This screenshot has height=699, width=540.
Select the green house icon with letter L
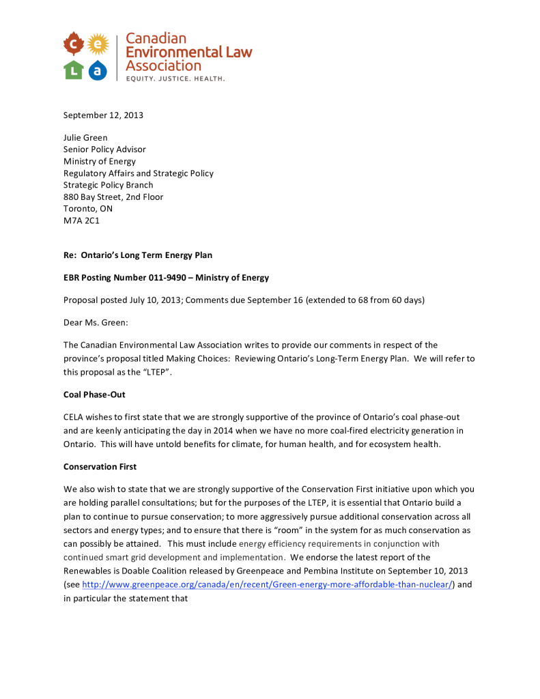(74, 69)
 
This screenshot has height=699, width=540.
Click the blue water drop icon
(99, 70)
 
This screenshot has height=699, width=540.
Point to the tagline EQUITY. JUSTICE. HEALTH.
(175, 79)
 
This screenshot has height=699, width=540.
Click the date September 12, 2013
(103, 115)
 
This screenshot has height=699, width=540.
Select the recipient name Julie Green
(85, 137)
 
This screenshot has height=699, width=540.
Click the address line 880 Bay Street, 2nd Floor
(113, 197)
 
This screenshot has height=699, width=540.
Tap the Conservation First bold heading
(100, 467)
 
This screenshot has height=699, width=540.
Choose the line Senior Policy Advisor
(104, 149)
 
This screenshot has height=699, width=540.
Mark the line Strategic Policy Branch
(108, 185)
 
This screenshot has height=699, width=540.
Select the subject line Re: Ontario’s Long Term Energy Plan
(138, 255)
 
